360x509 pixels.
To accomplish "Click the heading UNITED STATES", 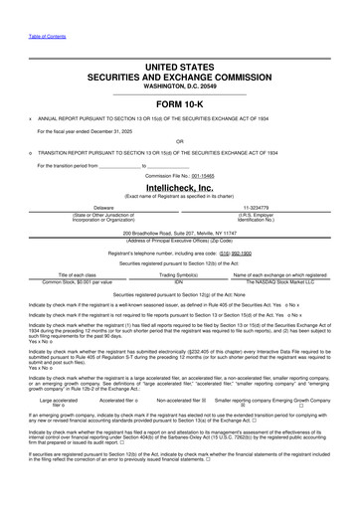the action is pos(180,66).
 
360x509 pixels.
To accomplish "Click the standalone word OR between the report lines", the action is pos(180,140).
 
